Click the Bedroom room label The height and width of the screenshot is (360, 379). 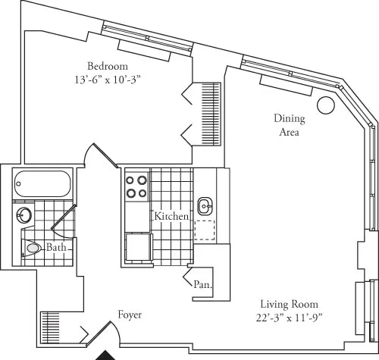coord(106,64)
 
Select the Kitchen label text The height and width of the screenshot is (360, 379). coord(171,216)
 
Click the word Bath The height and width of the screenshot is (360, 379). coord(56,248)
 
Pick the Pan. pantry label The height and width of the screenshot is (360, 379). coord(202,286)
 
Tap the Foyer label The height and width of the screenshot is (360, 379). coord(130,314)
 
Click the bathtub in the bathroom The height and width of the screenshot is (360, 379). coord(42,184)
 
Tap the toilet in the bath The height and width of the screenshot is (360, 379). coord(32,248)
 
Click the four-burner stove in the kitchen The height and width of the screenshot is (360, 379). coord(136,186)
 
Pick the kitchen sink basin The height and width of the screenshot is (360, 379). coord(205,205)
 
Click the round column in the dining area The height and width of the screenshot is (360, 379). coord(326,106)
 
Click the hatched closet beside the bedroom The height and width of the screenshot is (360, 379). coord(209,111)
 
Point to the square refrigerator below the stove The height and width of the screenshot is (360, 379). coord(137,249)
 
